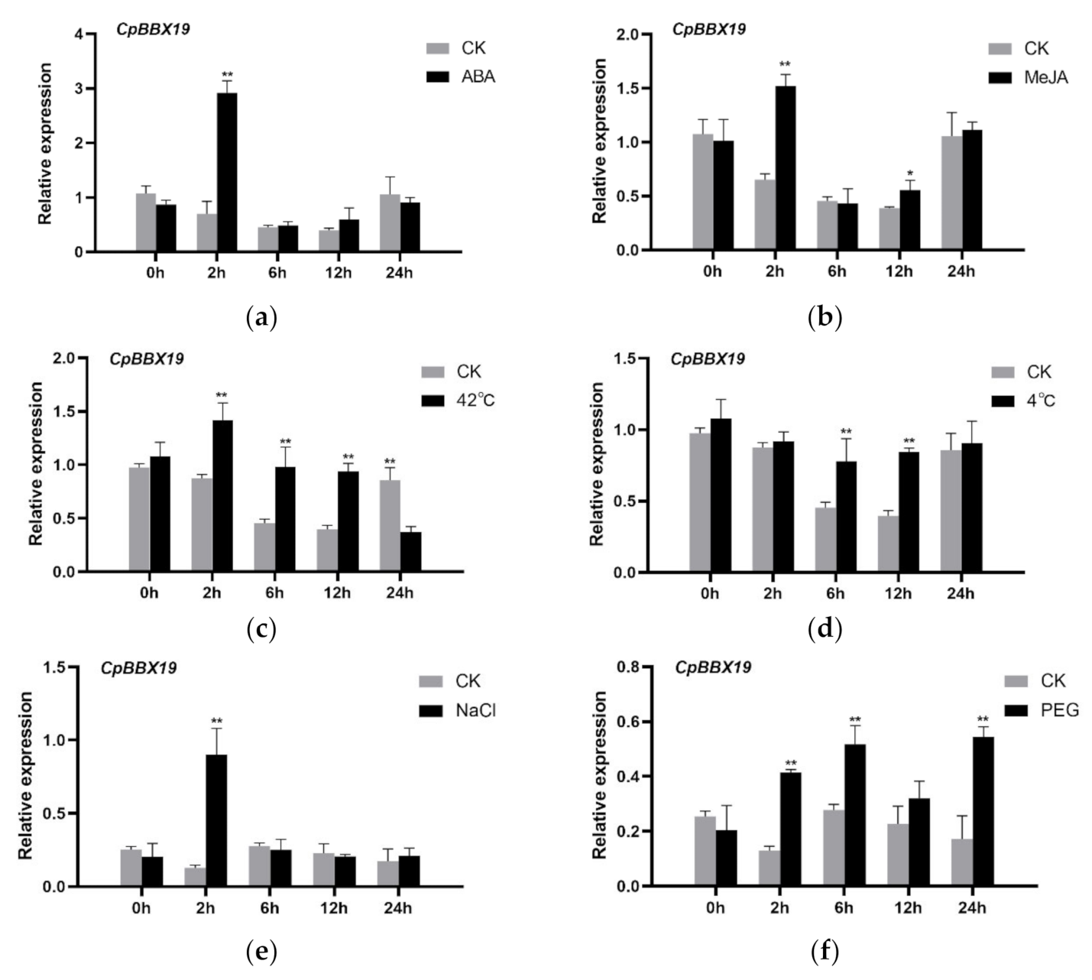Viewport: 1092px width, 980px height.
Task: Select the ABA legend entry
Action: click(477, 76)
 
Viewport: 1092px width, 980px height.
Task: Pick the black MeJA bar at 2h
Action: click(785, 168)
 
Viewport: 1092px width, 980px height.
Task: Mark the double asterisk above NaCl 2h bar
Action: click(216, 720)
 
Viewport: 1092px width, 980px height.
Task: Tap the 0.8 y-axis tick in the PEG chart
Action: click(636, 667)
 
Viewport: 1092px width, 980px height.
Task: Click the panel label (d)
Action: click(824, 631)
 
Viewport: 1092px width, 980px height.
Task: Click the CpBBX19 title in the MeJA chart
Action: click(708, 29)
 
